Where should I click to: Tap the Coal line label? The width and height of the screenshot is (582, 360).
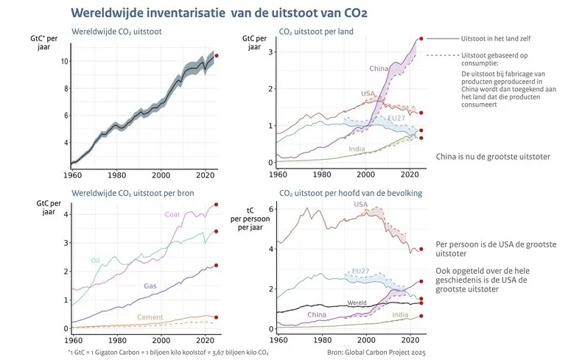(x=172, y=214)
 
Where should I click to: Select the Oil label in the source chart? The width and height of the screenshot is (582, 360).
(x=96, y=260)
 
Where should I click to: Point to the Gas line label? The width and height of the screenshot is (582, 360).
(x=150, y=285)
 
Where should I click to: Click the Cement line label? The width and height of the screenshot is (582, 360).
(x=150, y=317)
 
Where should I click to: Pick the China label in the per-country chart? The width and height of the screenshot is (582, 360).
(x=379, y=68)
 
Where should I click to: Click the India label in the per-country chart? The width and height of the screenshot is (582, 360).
(x=357, y=149)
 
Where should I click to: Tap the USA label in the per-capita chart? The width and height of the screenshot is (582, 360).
(x=361, y=204)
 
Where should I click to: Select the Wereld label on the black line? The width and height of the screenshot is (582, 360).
(x=357, y=303)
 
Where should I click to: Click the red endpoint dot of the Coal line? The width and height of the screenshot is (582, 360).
(x=217, y=205)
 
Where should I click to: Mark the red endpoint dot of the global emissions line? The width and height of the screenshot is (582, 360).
(x=217, y=55)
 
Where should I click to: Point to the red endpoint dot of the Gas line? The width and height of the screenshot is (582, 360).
(x=217, y=265)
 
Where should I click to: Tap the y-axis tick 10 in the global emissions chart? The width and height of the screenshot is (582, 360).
(x=64, y=61)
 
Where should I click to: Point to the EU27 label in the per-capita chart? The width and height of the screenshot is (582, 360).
(x=362, y=271)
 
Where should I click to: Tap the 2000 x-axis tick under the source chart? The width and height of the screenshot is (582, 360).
(x=161, y=340)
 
